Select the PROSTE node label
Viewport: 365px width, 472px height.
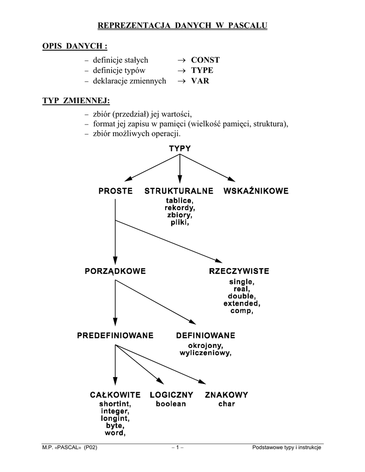115,191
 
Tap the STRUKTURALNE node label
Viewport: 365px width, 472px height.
179,191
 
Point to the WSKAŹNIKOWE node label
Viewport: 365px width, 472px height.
256,191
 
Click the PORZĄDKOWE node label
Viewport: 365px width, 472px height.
115,271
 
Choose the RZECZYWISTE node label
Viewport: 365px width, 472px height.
239,271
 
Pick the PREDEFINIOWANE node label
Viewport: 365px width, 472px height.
115,335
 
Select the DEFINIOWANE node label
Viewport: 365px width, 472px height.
206,335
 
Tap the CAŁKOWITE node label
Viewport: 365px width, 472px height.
115,395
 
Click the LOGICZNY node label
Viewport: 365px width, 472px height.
171,395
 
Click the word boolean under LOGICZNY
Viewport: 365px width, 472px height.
171,404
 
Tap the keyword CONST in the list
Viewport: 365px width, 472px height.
205,60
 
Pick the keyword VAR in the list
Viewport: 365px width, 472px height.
200,81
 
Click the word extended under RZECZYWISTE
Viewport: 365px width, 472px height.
242,304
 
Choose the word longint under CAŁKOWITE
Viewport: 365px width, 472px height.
115,419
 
